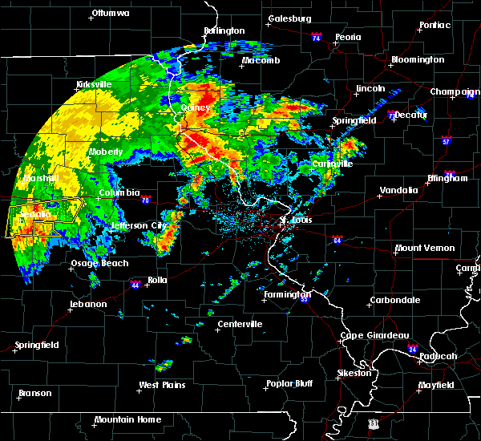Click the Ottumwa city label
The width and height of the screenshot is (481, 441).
[x=111, y=14]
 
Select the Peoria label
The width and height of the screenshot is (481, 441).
[x=348, y=37]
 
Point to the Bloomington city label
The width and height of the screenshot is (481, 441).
[x=417, y=60]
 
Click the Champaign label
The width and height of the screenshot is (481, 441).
[x=455, y=92]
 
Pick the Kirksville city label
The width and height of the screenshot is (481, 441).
[x=93, y=84]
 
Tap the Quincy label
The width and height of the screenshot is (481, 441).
[x=196, y=107]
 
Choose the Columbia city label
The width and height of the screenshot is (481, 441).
[x=119, y=193]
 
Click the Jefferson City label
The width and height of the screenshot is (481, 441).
[x=138, y=225]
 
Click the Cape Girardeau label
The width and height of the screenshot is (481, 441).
[x=375, y=336]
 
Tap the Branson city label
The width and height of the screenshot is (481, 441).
[x=34, y=394]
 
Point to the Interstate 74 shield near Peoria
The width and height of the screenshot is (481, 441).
[x=316, y=38]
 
